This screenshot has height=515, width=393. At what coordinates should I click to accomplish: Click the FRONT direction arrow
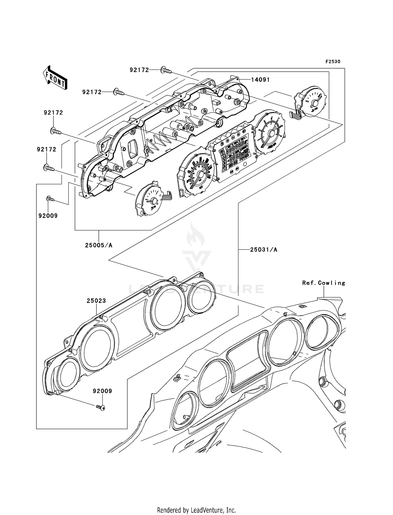pyautogui.click(x=55, y=78)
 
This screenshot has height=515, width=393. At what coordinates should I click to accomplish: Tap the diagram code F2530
pyautogui.click(x=333, y=62)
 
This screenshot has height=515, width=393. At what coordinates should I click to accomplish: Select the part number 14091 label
pyautogui.click(x=260, y=80)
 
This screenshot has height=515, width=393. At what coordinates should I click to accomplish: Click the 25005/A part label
pyautogui.click(x=99, y=245)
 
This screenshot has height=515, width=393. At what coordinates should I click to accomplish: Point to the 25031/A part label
pyautogui.click(x=264, y=250)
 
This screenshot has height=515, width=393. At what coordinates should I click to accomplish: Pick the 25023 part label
pyautogui.click(x=96, y=301)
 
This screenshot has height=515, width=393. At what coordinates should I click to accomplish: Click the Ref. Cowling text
pyautogui.click(x=324, y=283)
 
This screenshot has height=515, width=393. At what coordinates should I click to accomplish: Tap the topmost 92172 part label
pyautogui.click(x=139, y=70)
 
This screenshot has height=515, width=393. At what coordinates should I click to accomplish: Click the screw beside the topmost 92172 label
pyautogui.click(x=166, y=70)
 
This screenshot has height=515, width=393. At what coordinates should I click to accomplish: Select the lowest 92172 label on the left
pyautogui.click(x=46, y=149)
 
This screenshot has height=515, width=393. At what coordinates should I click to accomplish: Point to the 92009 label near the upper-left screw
pyautogui.click(x=48, y=216)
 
